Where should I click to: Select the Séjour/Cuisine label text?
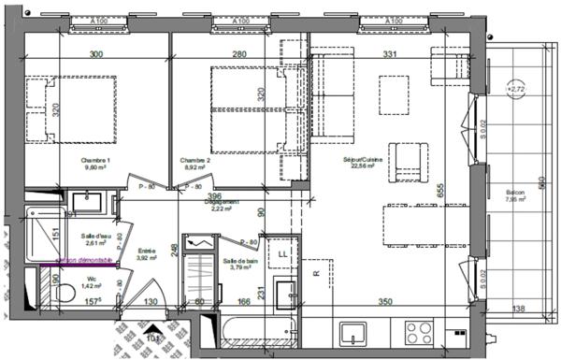click(358, 161)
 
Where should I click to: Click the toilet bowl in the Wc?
click(63, 294)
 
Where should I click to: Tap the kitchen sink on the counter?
click(353, 332)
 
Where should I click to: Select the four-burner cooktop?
click(417, 332)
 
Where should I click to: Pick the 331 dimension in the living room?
click(390, 55)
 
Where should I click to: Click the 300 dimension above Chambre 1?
click(95, 55)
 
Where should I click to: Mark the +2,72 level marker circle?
click(515, 90)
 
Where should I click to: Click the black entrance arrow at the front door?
click(152, 333)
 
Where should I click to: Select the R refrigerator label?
click(317, 274)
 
